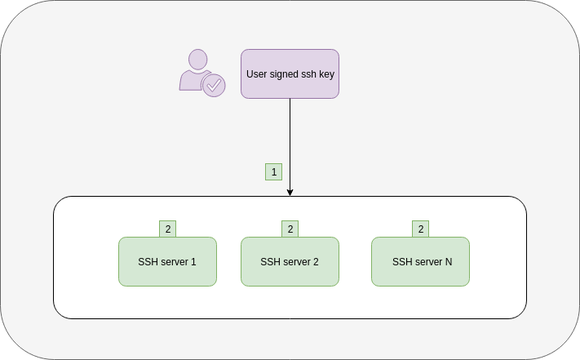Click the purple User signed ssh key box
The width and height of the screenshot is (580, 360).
(x=290, y=73)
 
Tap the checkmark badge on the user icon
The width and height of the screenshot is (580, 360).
(x=214, y=84)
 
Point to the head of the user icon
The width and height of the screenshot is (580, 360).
(x=197, y=60)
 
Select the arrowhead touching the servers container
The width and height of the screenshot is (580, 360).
(x=290, y=192)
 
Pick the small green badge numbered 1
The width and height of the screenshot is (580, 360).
(x=273, y=171)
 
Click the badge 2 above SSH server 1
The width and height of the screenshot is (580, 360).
(x=167, y=229)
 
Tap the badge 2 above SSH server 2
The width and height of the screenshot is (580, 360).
(x=290, y=229)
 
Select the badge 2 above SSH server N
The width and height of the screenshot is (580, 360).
(x=420, y=229)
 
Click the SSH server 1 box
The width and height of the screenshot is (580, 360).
(x=167, y=262)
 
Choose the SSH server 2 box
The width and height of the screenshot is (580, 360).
(x=290, y=262)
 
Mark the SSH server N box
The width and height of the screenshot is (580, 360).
(x=420, y=262)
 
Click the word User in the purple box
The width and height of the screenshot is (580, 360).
(x=256, y=74)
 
